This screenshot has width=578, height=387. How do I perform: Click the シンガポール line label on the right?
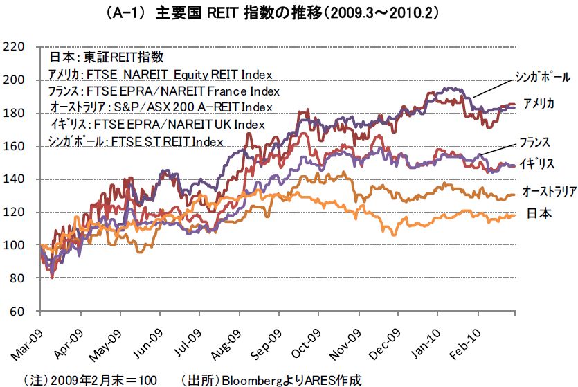coord(543,75)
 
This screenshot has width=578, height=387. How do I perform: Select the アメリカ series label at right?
coord(539,103)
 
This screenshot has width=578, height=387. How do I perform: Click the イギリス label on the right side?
coord(536,163)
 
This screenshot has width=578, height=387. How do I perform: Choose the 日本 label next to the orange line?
coord(540,213)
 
